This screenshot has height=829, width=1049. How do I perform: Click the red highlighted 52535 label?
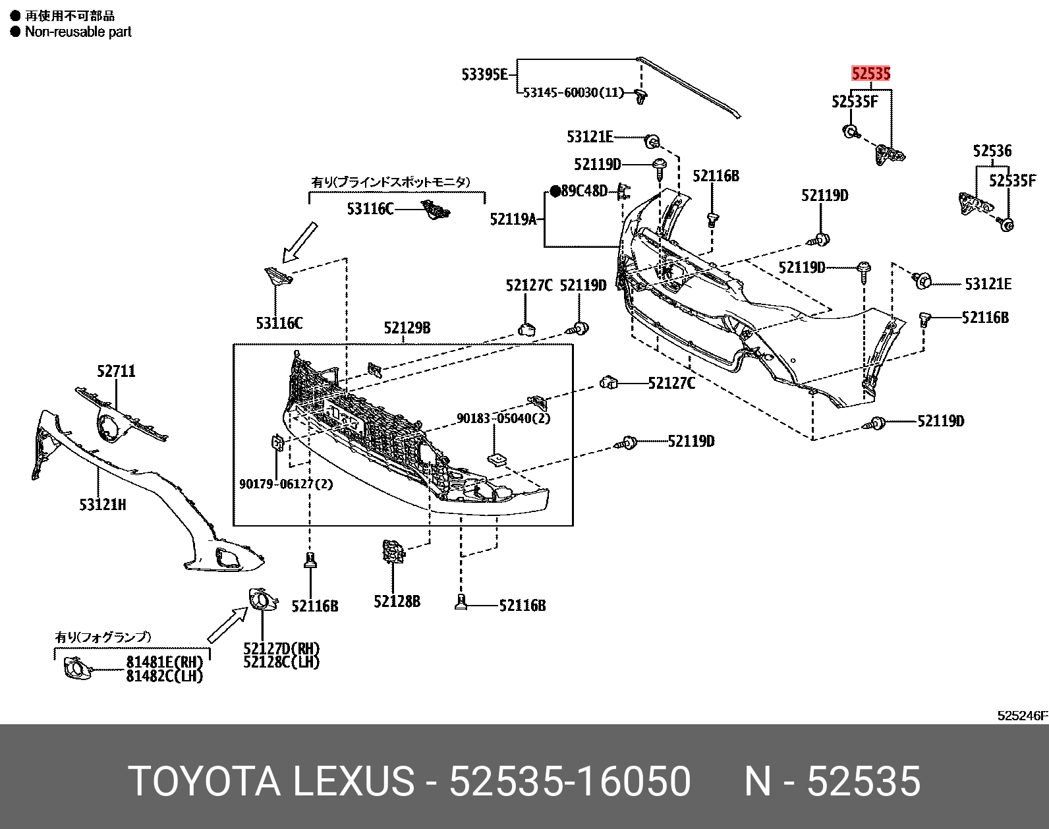(x=870, y=73)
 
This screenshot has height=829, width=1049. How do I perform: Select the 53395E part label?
(x=484, y=74)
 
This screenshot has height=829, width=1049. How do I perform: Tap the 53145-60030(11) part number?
(x=573, y=93)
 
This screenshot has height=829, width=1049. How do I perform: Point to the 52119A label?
(x=513, y=219)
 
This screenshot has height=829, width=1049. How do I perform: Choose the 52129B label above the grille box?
(x=407, y=328)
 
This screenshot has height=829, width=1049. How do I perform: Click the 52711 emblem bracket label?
(x=116, y=371)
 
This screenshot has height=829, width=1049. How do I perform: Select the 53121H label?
(x=102, y=505)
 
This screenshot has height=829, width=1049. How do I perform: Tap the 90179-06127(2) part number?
(x=286, y=484)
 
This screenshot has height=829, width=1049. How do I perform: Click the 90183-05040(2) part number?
(x=504, y=418)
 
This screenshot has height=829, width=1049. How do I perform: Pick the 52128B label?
(x=397, y=601)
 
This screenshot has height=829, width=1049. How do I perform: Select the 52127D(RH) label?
(x=281, y=649)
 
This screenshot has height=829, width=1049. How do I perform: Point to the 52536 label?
(x=992, y=152)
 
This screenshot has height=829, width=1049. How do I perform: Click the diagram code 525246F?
(x=1022, y=716)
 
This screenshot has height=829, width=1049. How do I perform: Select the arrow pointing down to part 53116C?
(x=299, y=242)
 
